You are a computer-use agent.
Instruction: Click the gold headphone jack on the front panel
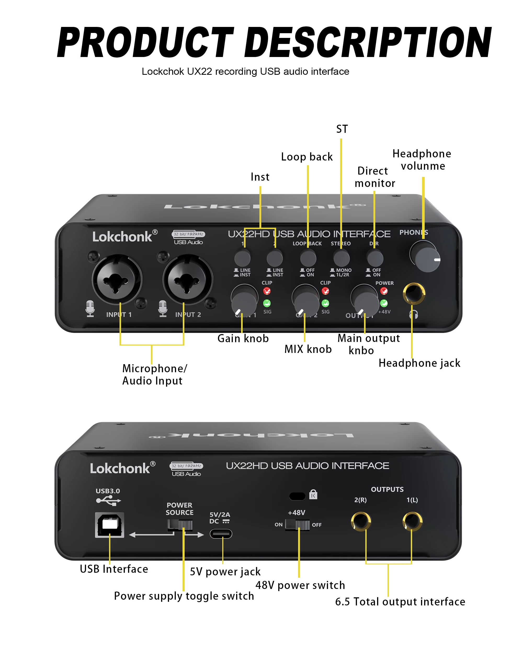click(414, 293)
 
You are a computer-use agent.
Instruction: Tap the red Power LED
click(384, 291)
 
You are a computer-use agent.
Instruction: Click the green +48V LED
click(384, 303)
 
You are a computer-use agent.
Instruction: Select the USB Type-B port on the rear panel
click(110, 525)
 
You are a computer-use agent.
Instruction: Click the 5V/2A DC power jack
click(221, 534)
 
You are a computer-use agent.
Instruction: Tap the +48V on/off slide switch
click(298, 525)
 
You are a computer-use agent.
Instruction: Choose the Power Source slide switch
click(180, 524)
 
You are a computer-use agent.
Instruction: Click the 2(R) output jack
click(361, 521)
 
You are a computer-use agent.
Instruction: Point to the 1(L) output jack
click(412, 521)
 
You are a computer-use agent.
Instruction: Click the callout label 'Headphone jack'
click(419, 363)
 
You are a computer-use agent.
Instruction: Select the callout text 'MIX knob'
click(308, 349)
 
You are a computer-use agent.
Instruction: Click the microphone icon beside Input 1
click(90, 308)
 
